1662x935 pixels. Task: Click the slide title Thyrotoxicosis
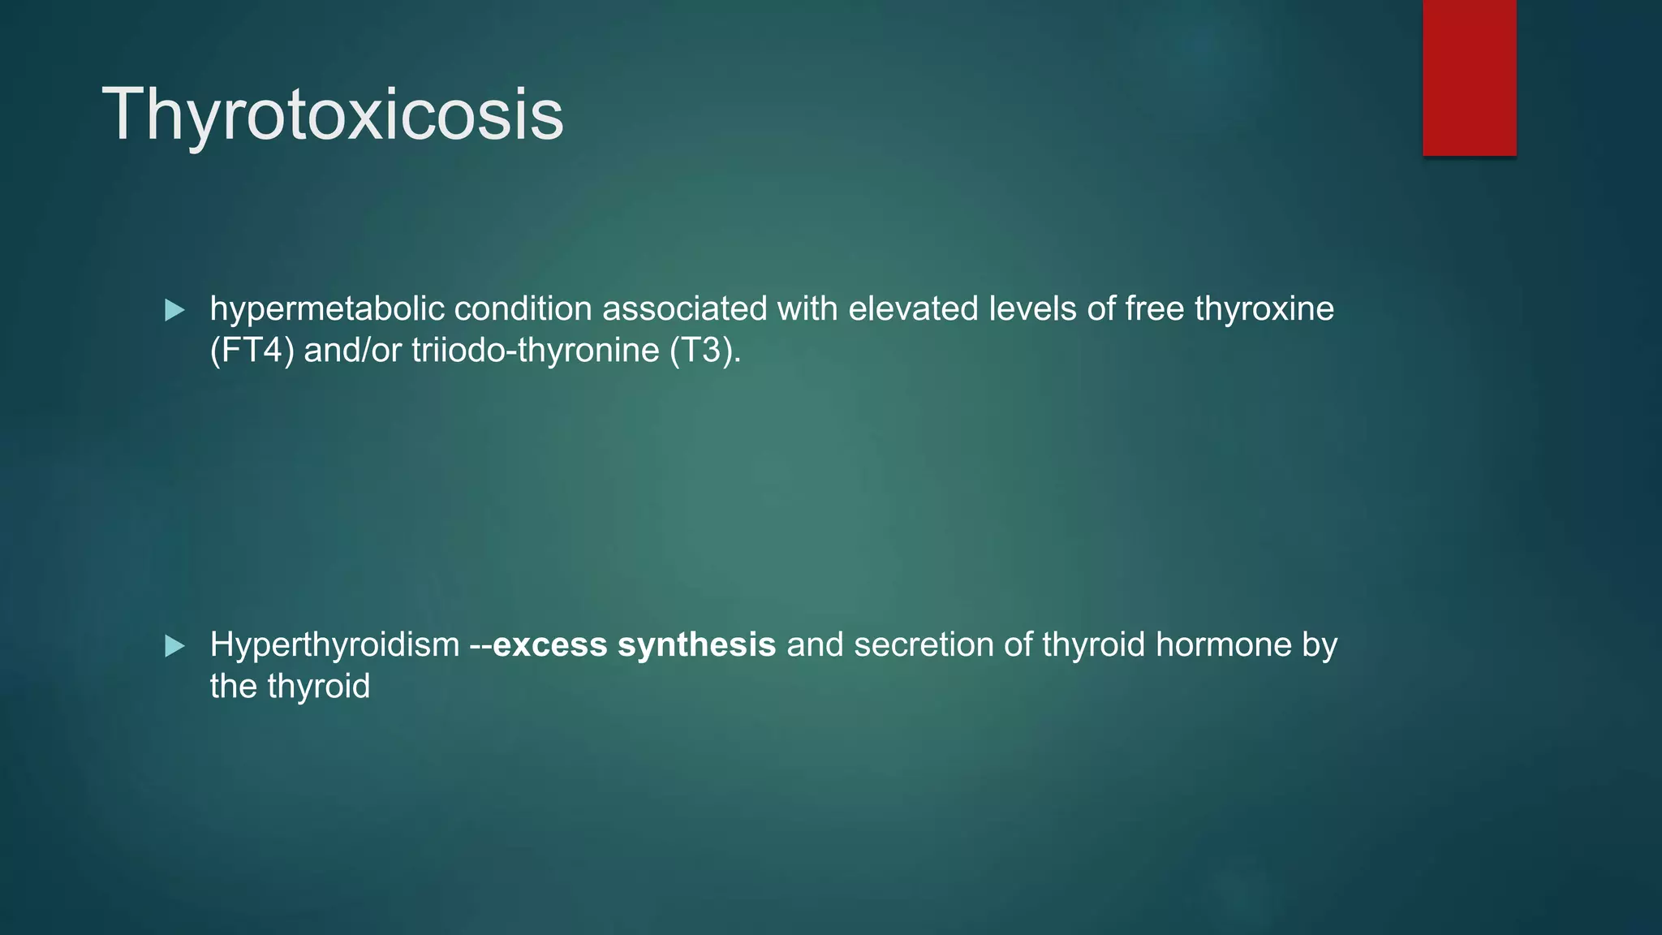click(333, 115)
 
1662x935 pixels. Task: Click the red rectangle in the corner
click(1469, 78)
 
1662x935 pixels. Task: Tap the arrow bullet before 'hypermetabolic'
click(174, 310)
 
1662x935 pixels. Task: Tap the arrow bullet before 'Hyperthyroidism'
click(174, 647)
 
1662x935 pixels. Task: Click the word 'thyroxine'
click(1264, 310)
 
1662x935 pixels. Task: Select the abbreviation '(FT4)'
click(252, 351)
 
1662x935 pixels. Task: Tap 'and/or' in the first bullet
click(352, 351)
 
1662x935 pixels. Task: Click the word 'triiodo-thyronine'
click(535, 351)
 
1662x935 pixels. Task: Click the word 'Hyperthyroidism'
click(334, 646)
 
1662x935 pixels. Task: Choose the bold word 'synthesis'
click(696, 646)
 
